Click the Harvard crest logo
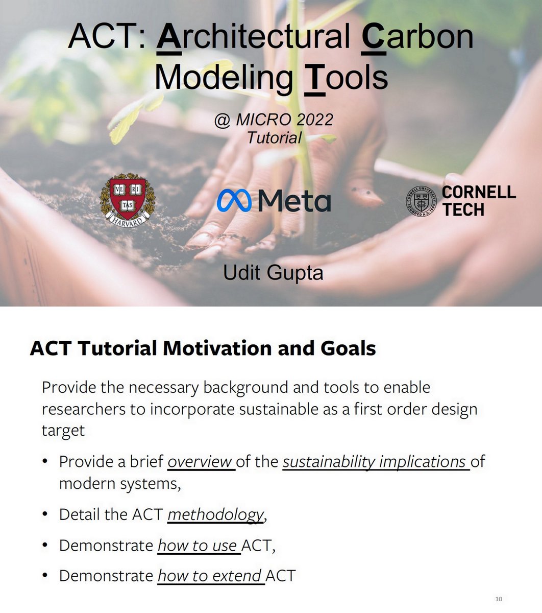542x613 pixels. [128, 200]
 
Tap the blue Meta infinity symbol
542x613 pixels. [234, 201]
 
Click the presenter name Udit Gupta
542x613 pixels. [273, 273]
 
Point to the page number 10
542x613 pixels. [499, 599]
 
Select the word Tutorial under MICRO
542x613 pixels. [274, 138]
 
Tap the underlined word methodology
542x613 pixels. [215, 514]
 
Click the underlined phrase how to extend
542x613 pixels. [210, 576]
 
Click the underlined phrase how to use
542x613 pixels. [197, 545]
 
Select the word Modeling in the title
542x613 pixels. [224, 78]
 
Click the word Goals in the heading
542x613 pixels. [348, 348]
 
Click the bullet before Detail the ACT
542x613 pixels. [45, 514]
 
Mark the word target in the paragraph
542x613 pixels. [63, 431]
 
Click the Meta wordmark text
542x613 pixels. [294, 201]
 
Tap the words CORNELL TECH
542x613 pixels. [478, 201]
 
